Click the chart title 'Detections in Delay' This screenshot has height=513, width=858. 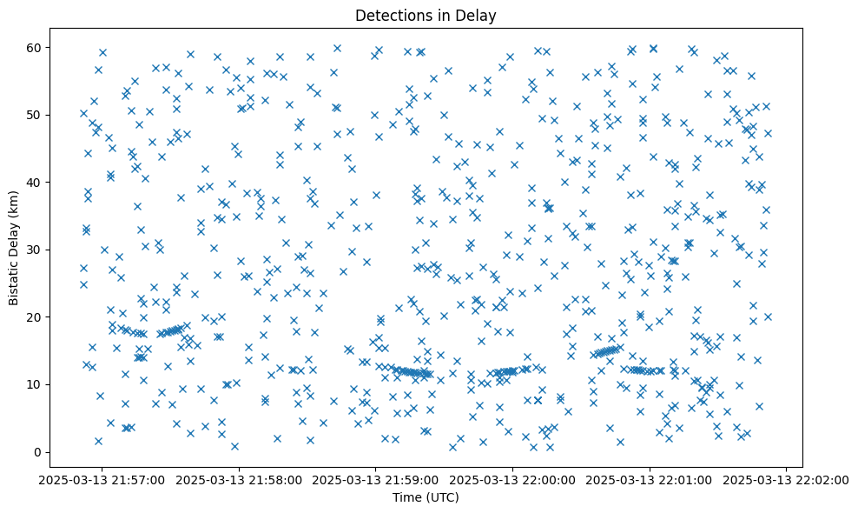(426, 15)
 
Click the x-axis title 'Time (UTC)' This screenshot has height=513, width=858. (426, 497)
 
